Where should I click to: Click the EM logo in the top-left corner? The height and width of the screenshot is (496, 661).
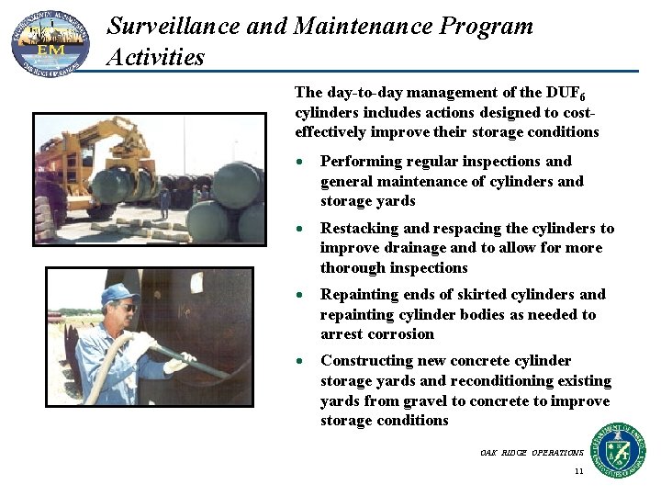(x=50, y=42)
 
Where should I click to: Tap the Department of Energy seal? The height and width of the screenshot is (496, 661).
(x=617, y=450)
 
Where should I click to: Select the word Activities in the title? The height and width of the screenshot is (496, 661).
(x=155, y=57)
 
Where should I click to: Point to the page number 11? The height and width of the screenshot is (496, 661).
(x=578, y=471)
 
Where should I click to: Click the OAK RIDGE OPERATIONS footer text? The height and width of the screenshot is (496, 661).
(x=532, y=453)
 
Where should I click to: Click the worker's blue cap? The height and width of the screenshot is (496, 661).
(x=119, y=292)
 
